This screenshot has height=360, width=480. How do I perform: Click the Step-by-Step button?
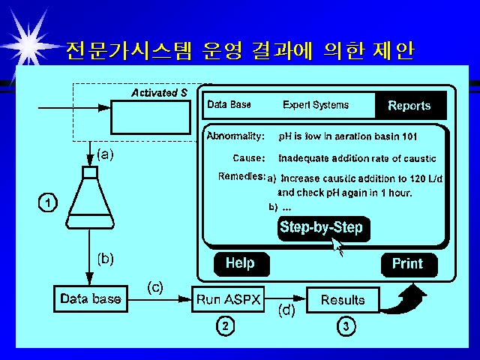324,228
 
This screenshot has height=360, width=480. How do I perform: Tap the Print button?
409,265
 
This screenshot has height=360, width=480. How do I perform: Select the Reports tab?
410,105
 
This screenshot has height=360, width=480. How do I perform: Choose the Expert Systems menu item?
316,105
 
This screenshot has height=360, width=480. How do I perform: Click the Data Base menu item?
229,105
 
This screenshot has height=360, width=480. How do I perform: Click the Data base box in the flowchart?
91,298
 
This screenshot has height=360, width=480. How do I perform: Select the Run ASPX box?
228,299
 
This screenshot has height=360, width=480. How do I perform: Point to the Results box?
343,300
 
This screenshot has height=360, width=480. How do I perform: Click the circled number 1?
48,203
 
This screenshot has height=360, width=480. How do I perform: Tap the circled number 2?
226,326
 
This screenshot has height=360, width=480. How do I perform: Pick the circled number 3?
346,326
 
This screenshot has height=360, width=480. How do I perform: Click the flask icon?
90,197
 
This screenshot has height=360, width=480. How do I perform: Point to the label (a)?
105,154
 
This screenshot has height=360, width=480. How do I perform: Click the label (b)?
105,259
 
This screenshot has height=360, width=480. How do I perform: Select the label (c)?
155,288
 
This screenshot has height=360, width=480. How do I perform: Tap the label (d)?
286,310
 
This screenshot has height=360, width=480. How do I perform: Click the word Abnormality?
235,136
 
